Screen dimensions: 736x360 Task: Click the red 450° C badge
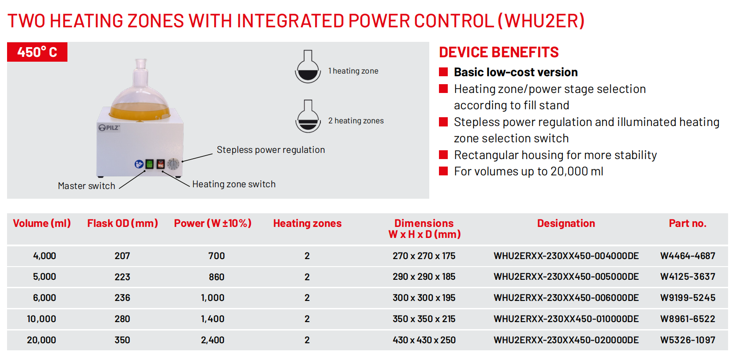tap(37, 52)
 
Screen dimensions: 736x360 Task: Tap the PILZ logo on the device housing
tap(109, 128)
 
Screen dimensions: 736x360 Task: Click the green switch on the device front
tap(149, 164)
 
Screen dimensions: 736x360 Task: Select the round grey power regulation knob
tap(173, 164)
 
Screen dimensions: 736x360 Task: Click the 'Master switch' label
tap(86, 186)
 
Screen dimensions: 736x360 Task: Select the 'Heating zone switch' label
tap(234, 184)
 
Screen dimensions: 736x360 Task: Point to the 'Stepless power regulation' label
tap(271, 150)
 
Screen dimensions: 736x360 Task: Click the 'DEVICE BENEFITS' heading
tap(499, 52)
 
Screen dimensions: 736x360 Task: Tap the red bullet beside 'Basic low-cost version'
tap(443, 72)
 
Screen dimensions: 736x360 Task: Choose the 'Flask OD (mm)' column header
tap(123, 223)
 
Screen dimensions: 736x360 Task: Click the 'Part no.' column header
tap(688, 223)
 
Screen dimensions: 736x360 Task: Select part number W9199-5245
tap(688, 297)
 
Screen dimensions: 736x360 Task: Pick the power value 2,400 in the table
tap(212, 340)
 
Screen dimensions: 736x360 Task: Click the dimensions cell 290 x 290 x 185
tap(424, 277)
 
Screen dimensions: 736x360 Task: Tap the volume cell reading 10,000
tap(41, 319)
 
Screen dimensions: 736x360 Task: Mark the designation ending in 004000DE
tap(566, 256)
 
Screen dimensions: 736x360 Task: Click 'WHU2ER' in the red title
tap(541, 21)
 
